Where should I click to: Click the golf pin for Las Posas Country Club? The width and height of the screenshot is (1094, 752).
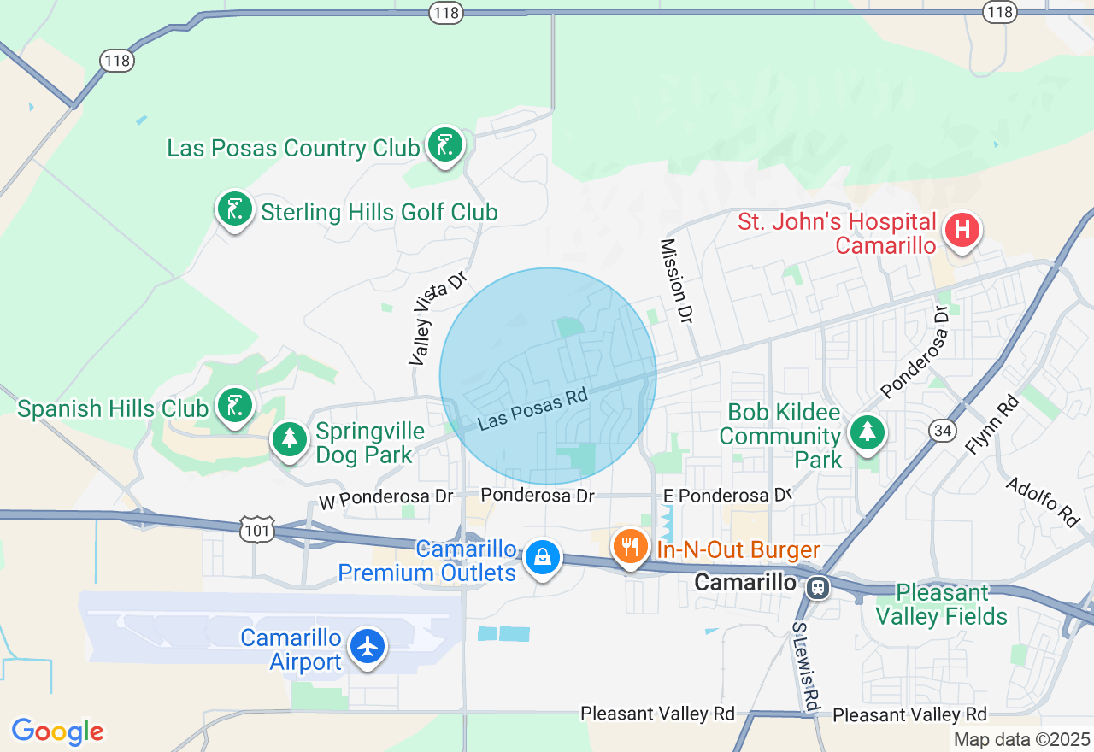pos(444,145)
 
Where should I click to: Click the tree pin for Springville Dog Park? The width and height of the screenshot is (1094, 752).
pos(290,439)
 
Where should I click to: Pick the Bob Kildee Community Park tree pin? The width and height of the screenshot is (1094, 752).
pos(868,431)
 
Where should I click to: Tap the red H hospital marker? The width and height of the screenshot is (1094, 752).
pos(962,230)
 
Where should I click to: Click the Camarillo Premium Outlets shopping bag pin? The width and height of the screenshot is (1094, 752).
pos(542,557)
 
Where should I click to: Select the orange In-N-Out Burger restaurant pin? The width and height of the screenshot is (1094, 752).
pos(631,545)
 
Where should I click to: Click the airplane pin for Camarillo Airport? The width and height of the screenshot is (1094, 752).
pos(368,646)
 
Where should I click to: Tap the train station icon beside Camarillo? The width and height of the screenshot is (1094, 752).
pos(818,586)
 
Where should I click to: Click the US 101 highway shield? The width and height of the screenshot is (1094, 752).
pos(257,529)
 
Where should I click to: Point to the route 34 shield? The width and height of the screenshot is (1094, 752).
pos(943,431)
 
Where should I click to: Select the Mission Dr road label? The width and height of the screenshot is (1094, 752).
pos(675,281)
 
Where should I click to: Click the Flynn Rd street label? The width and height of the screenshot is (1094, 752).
pos(992,425)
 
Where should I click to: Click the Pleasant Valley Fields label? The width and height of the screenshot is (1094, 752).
pos(942,604)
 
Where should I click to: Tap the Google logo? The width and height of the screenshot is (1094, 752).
pos(57,732)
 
